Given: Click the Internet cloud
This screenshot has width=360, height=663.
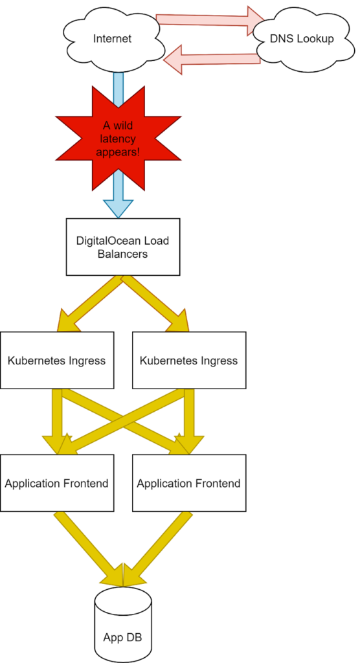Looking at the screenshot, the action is pos(113,39).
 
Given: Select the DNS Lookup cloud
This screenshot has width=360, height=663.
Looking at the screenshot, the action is pos(302,39).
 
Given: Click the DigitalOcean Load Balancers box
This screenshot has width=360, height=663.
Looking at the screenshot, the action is pos(122,247).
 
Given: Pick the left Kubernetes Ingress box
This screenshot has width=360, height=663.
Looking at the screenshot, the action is pos(57,360).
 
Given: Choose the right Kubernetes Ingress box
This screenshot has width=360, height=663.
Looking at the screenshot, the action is pos(188,360).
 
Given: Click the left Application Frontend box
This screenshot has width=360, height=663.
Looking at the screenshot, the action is pos(57,483).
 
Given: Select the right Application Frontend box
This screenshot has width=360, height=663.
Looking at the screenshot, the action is pos(188,483).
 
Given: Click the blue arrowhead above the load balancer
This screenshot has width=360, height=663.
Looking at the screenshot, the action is pos(118,208).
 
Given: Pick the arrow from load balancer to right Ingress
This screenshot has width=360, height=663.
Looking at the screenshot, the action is pos(155,304).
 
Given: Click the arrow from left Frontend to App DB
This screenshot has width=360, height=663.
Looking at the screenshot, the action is pos(89,550).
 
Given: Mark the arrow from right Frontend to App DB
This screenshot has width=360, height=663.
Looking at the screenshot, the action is pos(157,550).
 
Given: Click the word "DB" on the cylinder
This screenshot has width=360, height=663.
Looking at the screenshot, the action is pos(134,636).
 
